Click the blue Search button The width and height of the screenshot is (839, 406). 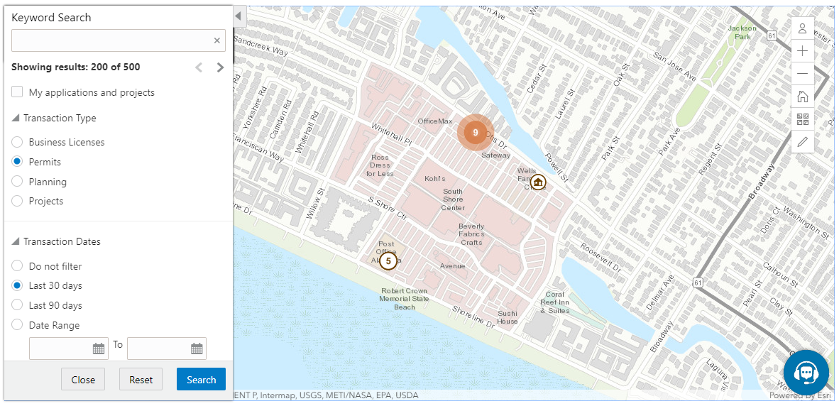[x=201, y=380]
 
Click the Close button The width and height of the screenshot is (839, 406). [x=83, y=380]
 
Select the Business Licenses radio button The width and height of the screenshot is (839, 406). [x=18, y=142]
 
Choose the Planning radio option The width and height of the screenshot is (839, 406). [x=18, y=182]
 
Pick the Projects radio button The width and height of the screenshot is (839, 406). [x=18, y=201]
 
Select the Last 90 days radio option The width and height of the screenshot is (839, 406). [x=18, y=305]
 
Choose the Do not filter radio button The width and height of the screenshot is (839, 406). [x=18, y=266]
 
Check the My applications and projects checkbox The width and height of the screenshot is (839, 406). [x=18, y=92]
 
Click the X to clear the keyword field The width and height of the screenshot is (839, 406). [x=217, y=40]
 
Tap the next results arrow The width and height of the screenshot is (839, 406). [x=220, y=67]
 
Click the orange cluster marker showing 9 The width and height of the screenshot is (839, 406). [x=476, y=132]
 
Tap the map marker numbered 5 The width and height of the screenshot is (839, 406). [x=388, y=261]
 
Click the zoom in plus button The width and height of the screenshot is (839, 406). [x=803, y=51]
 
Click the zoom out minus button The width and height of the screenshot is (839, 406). [x=803, y=74]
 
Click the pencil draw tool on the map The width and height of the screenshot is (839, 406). [x=803, y=142]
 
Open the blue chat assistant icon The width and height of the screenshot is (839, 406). [x=806, y=372]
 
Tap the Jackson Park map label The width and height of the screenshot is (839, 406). [x=742, y=32]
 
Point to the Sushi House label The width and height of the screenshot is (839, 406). [x=508, y=317]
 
